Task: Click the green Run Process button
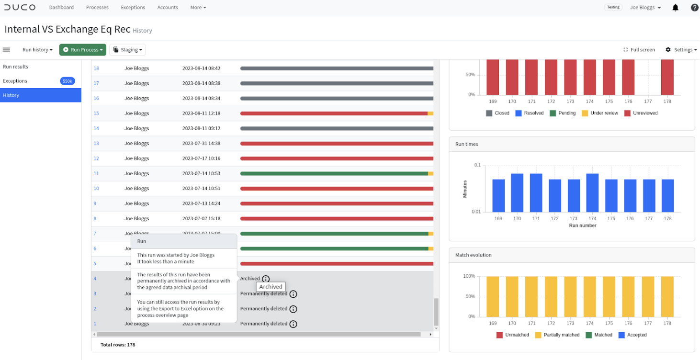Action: pyautogui.click(x=83, y=50)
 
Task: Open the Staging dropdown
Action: pyautogui.click(x=127, y=50)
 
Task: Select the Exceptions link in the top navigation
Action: pyautogui.click(x=133, y=7)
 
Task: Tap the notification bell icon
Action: pyautogui.click(x=675, y=8)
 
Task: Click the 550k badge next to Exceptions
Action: pyautogui.click(x=67, y=81)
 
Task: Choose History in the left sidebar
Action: pyautogui.click(x=41, y=95)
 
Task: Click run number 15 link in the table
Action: pyautogui.click(x=96, y=113)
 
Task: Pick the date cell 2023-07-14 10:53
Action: pyautogui.click(x=201, y=173)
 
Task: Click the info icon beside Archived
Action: pyautogui.click(x=266, y=279)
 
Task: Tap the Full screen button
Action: pyautogui.click(x=639, y=50)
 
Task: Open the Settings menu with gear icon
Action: pyautogui.click(x=681, y=50)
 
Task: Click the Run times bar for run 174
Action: pyautogui.click(x=592, y=193)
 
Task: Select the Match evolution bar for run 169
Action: pyautogui.click(x=493, y=296)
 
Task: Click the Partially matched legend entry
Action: pyautogui.click(x=557, y=335)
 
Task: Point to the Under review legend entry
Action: pyautogui.click(x=599, y=113)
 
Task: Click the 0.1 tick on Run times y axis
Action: pyautogui.click(x=477, y=165)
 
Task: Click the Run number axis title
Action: pyautogui.click(x=583, y=225)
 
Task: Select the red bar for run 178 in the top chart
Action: pyautogui.click(x=667, y=77)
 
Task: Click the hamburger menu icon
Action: pyautogui.click(x=6, y=50)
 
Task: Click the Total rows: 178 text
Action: pyautogui.click(x=118, y=345)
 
